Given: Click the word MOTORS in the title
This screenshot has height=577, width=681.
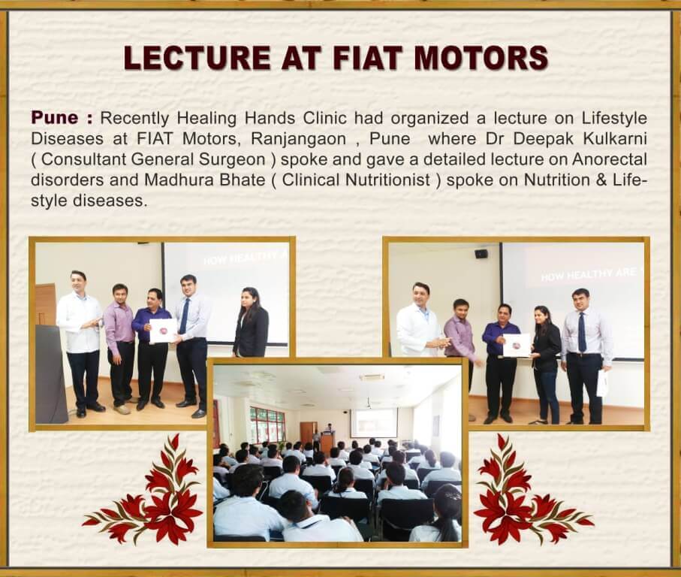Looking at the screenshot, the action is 481,58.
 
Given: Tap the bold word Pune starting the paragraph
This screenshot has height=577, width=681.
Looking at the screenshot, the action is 55,117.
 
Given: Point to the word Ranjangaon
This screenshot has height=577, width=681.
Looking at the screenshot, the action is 298,139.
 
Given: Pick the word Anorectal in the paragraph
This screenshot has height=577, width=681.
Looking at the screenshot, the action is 610,159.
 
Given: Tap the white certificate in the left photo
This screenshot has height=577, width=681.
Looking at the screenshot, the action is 163,331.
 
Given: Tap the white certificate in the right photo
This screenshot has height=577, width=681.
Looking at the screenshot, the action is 517,345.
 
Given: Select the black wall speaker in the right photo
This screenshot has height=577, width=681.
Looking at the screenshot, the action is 481,254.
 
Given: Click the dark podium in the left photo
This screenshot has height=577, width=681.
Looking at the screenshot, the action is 50,374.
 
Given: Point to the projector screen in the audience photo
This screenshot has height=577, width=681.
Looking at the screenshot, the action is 373,422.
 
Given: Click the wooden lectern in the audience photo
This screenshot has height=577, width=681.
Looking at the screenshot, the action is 327,442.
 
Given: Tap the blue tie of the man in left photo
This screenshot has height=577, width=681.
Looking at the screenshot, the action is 184,316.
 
